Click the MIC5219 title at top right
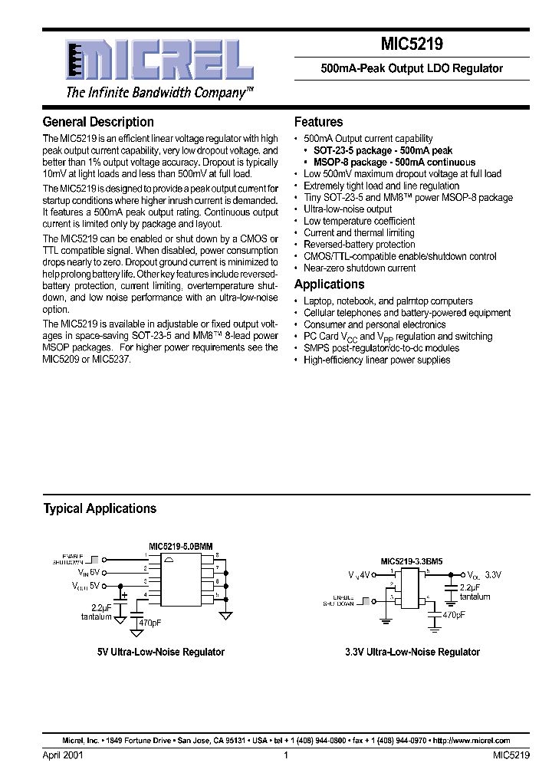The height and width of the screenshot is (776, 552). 411,45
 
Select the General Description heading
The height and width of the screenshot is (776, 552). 98,122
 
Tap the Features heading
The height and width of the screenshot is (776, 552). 318,122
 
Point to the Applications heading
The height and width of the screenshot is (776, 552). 330,284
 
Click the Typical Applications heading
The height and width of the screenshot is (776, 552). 100,508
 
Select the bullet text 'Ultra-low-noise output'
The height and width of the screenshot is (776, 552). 347,209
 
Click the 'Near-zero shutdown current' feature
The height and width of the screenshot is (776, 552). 360,268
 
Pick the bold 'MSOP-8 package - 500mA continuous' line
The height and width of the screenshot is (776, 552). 394,163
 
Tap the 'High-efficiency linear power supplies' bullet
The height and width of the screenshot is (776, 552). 376,360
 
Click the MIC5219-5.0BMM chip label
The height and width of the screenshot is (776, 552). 182,546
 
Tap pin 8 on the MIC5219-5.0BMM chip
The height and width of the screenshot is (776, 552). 217,554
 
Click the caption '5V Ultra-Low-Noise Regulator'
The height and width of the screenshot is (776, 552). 160,652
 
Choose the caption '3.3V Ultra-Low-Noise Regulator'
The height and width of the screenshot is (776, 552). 412,652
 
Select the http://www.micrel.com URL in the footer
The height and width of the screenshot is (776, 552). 472,741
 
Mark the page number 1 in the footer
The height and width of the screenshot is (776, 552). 285,755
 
